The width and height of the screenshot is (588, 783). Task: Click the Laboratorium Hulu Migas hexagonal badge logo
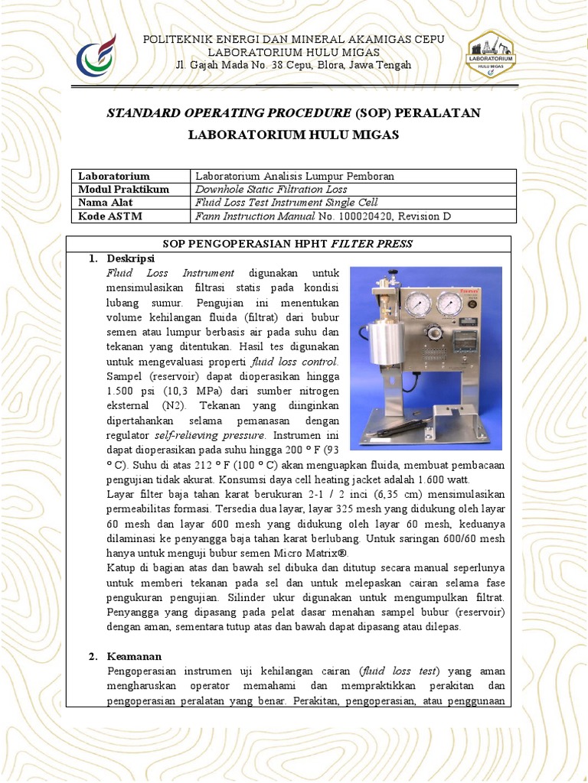point(490,55)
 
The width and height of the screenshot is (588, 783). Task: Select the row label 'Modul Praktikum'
point(124,189)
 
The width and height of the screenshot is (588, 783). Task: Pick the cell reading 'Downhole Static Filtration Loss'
point(271,189)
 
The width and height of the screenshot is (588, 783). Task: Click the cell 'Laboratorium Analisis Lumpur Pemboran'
point(295,176)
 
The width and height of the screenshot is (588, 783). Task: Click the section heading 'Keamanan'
point(129,657)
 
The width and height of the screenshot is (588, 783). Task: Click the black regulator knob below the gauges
point(433,333)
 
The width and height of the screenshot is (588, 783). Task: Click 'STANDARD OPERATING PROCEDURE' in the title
point(228,113)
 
